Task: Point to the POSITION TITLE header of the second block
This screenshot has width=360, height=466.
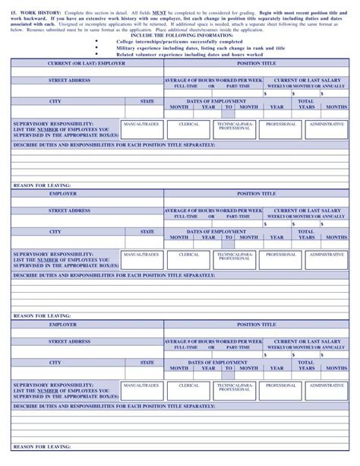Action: point(257,193)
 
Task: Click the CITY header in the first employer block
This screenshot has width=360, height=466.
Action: point(55,101)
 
